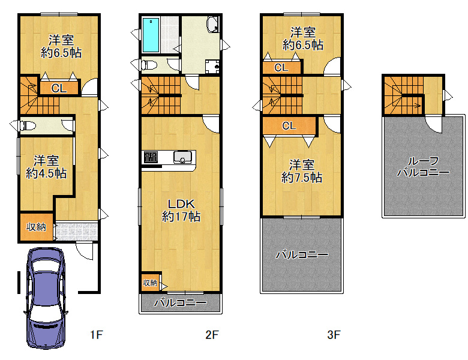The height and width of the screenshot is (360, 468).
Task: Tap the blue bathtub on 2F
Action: coord(151,35)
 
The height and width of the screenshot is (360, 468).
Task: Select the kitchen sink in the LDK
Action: coord(182,157)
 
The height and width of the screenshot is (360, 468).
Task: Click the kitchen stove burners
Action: coord(151,157)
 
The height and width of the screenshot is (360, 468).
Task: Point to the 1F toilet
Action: coord(28,125)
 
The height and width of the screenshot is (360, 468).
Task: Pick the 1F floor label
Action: coord(97,335)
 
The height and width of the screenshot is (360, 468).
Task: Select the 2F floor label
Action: coord(212,335)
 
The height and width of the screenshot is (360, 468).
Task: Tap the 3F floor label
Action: coord(334,335)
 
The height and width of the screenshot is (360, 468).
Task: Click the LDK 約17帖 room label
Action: coord(181,210)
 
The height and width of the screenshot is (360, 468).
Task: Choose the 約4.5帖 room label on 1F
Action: coord(46,167)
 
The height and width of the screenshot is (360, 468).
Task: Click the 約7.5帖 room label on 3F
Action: coord(301,171)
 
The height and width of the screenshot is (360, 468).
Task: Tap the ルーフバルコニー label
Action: coord(423,167)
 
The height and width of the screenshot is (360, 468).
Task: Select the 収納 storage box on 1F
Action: coord(37,227)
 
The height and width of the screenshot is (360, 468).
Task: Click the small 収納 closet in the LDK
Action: coord(150,282)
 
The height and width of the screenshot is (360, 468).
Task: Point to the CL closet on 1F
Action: coord(59,88)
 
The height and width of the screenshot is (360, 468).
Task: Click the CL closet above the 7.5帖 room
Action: coord(289,125)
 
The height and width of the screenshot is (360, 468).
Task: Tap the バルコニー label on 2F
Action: coord(180,303)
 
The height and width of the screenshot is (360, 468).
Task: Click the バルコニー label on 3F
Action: coord(302,254)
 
